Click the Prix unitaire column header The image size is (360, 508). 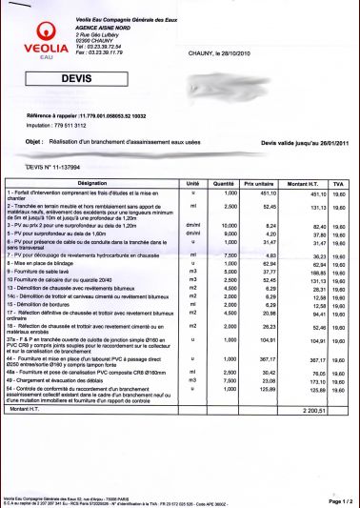257,182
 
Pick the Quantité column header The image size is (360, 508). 223,182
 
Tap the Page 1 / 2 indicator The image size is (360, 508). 340,499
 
